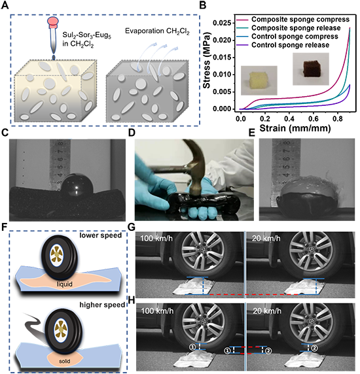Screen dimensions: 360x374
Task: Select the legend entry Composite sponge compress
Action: pyautogui.click(x=300, y=20)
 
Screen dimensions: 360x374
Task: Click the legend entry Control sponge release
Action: pyautogui.click(x=291, y=45)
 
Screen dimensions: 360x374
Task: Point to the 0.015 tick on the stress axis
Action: pyautogui.click(x=223, y=58)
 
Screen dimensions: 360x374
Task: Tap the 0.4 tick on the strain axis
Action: pyautogui.click(x=289, y=118)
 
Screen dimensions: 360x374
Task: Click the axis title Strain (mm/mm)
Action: pyautogui.click(x=295, y=128)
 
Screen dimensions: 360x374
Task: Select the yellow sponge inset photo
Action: pyautogui.click(x=259, y=80)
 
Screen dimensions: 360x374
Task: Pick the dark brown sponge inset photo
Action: pyautogui.click(x=311, y=69)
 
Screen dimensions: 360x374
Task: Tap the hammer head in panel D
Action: pyautogui.click(x=196, y=184)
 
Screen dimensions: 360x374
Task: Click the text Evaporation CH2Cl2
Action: pyautogui.click(x=157, y=31)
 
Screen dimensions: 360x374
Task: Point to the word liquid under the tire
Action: pyautogui.click(x=64, y=284)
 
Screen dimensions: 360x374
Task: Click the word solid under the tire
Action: pyautogui.click(x=64, y=361)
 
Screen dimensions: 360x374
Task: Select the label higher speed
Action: pyautogui.click(x=102, y=305)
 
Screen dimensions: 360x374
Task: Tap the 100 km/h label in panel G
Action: pyautogui.click(x=156, y=238)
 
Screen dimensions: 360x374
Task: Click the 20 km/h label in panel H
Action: pyautogui.click(x=266, y=311)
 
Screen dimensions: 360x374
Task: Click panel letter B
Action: pyautogui.click(x=202, y=5)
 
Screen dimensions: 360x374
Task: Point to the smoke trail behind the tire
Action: pyautogui.click(x=35, y=325)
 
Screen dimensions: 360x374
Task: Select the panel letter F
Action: pyautogui.click(x=4, y=227)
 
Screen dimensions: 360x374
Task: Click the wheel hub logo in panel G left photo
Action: pyautogui.click(x=203, y=250)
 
